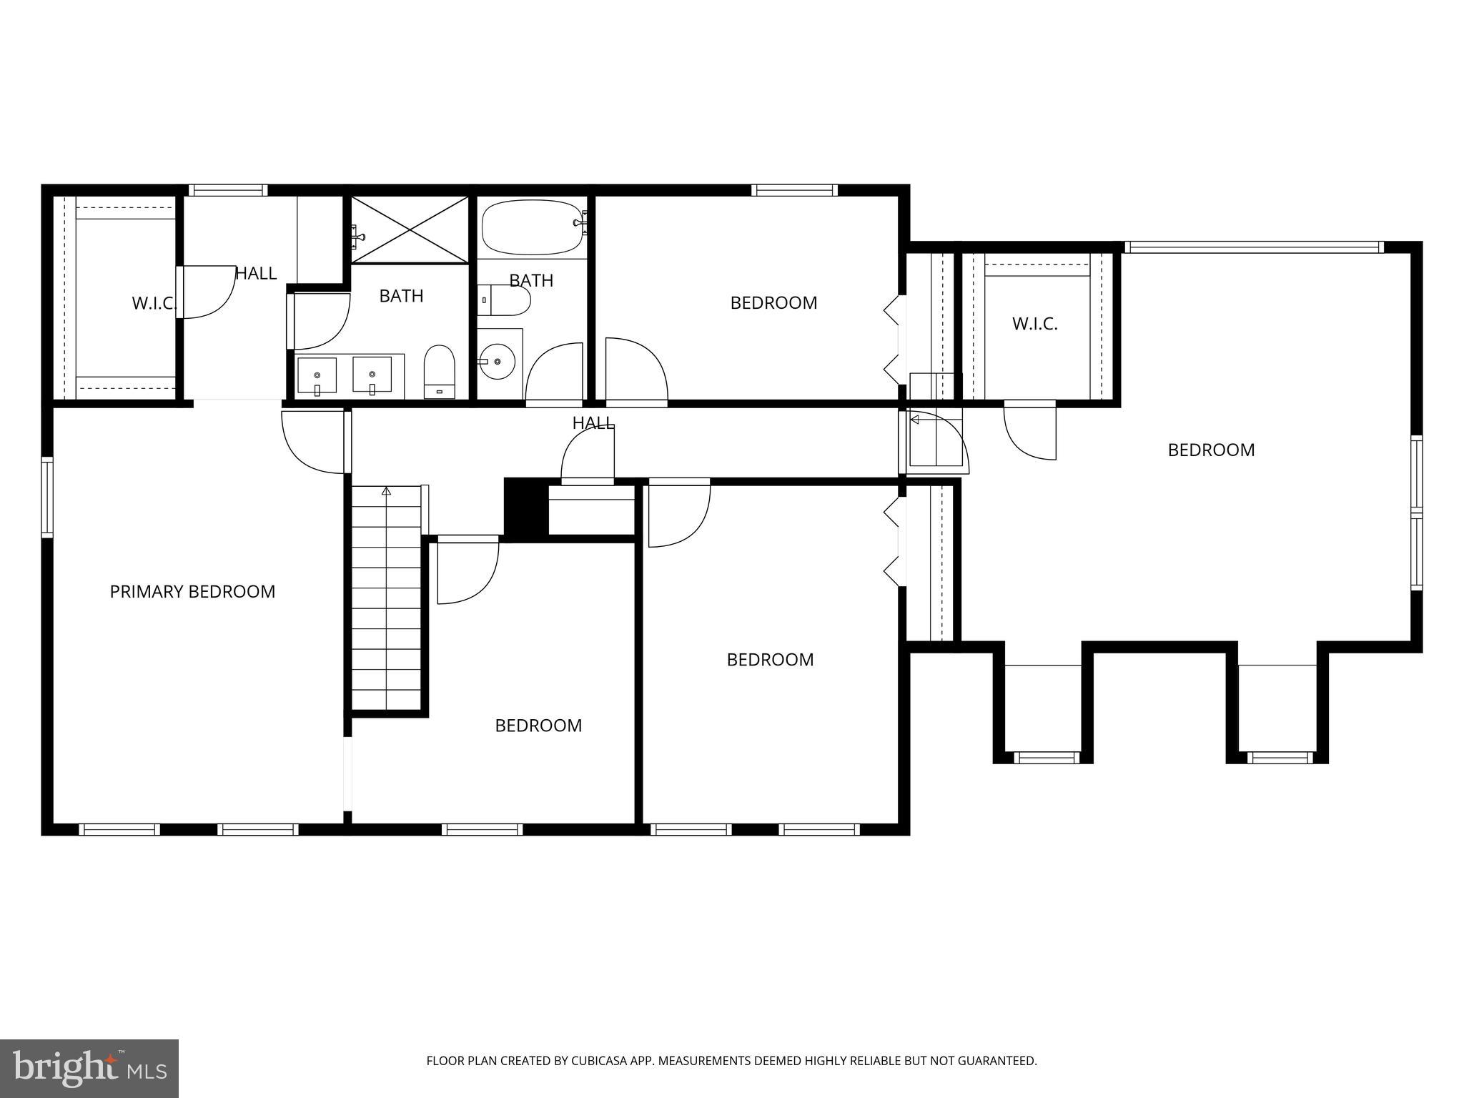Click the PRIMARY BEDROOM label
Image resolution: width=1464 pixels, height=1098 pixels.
click(192, 592)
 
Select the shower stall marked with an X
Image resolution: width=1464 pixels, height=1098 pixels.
click(410, 229)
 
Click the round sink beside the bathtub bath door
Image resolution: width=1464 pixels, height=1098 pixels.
click(498, 361)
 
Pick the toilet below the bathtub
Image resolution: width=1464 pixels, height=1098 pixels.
click(505, 300)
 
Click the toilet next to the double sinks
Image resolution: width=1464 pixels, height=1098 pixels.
click(440, 370)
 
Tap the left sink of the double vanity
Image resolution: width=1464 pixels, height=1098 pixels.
click(317, 376)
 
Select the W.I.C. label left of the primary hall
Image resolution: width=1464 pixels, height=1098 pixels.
click(153, 303)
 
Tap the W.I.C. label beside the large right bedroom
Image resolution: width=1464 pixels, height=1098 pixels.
click(1034, 324)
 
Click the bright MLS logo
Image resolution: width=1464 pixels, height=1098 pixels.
click(89, 1068)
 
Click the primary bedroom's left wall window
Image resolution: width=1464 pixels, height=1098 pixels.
click(47, 497)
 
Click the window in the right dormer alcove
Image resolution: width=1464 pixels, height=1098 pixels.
click(1280, 758)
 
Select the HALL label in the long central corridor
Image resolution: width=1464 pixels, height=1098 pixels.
click(593, 422)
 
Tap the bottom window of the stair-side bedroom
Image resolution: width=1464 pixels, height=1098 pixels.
click(482, 829)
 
